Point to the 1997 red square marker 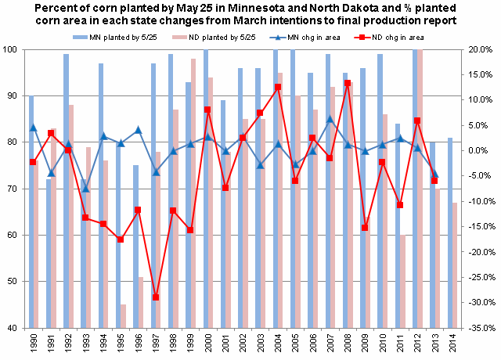[x=155, y=297]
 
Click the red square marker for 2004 [x=277, y=87]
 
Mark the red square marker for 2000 [x=207, y=110]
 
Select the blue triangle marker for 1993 [x=85, y=189]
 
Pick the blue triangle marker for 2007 [x=330, y=120]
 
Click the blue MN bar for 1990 [x=31, y=211]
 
